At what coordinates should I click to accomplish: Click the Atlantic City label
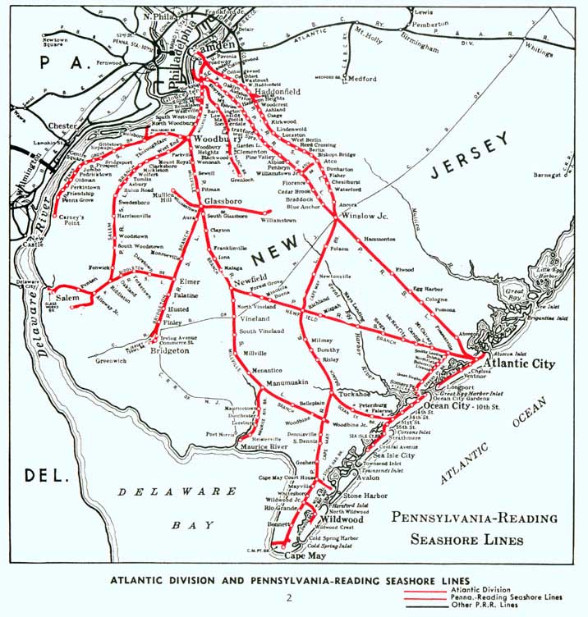tap(520, 363)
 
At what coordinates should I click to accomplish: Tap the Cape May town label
tap(305, 555)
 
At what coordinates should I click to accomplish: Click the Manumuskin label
tap(286, 382)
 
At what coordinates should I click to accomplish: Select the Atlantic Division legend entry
tap(490, 589)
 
